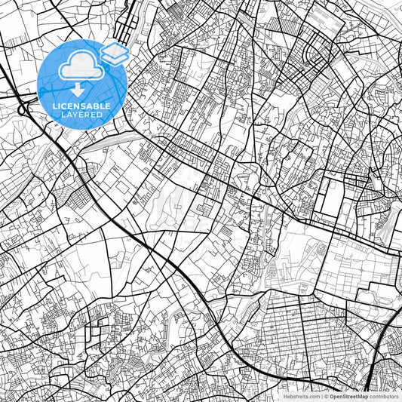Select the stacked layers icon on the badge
pos(115,52)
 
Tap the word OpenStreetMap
pos(348,396)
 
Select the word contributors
pos(384,396)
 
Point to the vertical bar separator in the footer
pos(321,396)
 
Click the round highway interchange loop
pos(23,110)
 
